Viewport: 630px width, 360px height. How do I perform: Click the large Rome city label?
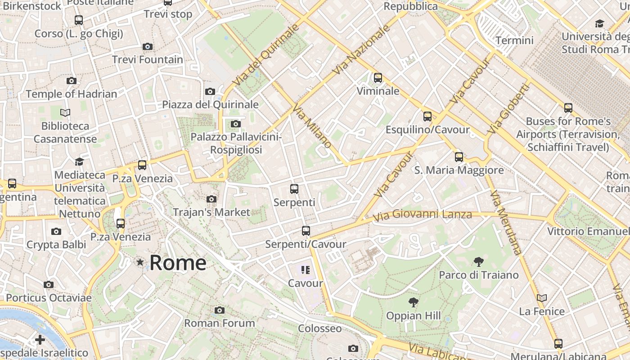pyautogui.click(x=178, y=263)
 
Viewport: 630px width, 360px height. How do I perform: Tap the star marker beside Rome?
pyautogui.click(x=140, y=262)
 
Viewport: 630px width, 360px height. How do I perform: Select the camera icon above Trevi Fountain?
pyautogui.click(x=147, y=47)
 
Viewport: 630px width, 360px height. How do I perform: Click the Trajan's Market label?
pyautogui.click(x=211, y=212)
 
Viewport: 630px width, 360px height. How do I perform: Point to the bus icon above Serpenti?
pyautogui.click(x=294, y=189)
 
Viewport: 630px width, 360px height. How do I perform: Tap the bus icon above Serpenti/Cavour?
pyautogui.click(x=306, y=231)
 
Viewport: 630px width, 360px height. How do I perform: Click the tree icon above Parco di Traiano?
pyautogui.click(x=478, y=261)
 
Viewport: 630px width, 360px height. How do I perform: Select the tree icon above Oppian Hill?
pyautogui.click(x=413, y=302)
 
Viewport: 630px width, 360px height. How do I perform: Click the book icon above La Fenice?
pyautogui.click(x=542, y=298)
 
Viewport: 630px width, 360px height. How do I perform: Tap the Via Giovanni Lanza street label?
pyautogui.click(x=422, y=216)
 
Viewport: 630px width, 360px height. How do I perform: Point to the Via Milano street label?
pyautogui.click(x=312, y=126)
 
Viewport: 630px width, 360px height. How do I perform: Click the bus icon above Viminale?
pyautogui.click(x=378, y=78)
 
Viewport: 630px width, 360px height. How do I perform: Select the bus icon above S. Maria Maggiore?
pyautogui.click(x=459, y=157)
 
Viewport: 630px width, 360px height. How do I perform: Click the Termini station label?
pyautogui.click(x=514, y=40)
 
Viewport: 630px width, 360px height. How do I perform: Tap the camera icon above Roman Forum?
pyautogui.click(x=220, y=310)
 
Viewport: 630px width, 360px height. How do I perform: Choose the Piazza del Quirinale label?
pyautogui.click(x=210, y=105)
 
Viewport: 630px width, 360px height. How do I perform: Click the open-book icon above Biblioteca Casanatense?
pyautogui.click(x=65, y=113)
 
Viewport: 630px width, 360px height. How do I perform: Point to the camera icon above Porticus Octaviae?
pyautogui.click(x=49, y=285)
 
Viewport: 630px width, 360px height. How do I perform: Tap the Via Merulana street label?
pyautogui.click(x=506, y=222)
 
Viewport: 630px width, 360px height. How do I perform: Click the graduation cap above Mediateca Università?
pyautogui.click(x=80, y=162)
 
